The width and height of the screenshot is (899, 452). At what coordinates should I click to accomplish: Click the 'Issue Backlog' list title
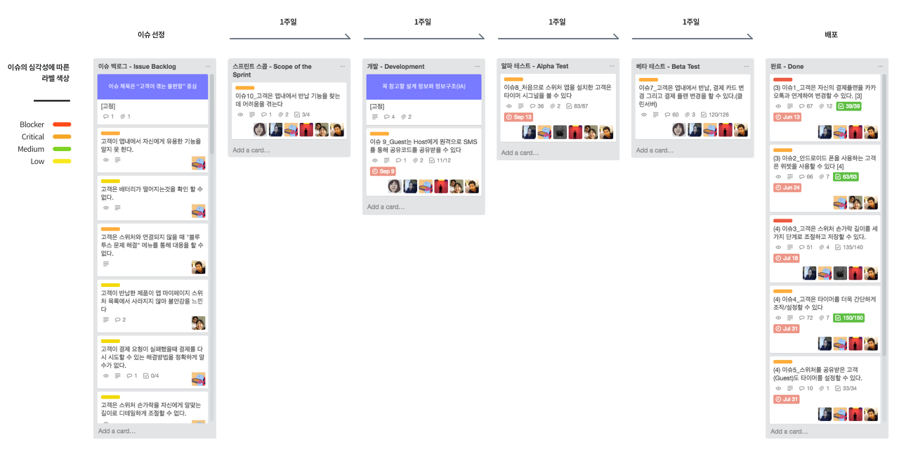pyautogui.click(x=137, y=66)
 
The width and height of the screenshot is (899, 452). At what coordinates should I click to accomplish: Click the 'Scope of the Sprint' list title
pyautogui.click(x=273, y=70)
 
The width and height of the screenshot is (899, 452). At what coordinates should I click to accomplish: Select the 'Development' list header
pyautogui.click(x=395, y=66)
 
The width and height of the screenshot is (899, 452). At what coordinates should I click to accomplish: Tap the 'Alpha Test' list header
pyautogui.click(x=534, y=66)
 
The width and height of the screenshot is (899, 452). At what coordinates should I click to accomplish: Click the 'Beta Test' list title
pyautogui.click(x=668, y=66)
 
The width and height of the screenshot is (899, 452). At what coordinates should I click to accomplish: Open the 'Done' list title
pyautogui.click(x=787, y=66)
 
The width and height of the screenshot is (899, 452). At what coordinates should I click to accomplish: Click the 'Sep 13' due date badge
pyautogui.click(x=518, y=117)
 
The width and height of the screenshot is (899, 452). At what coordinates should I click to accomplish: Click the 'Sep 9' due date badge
pyautogui.click(x=383, y=171)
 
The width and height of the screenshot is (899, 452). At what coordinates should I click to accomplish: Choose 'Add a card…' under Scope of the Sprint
pyautogui.click(x=251, y=150)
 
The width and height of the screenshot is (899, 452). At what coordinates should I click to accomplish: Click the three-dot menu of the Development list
pyautogui.click(x=477, y=66)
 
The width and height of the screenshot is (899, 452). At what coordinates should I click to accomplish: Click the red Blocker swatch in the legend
pyautogui.click(x=62, y=124)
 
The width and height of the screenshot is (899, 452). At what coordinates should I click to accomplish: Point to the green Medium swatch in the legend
pyautogui.click(x=62, y=148)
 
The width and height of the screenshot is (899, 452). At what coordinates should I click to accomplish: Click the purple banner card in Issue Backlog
pyautogui.click(x=152, y=86)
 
